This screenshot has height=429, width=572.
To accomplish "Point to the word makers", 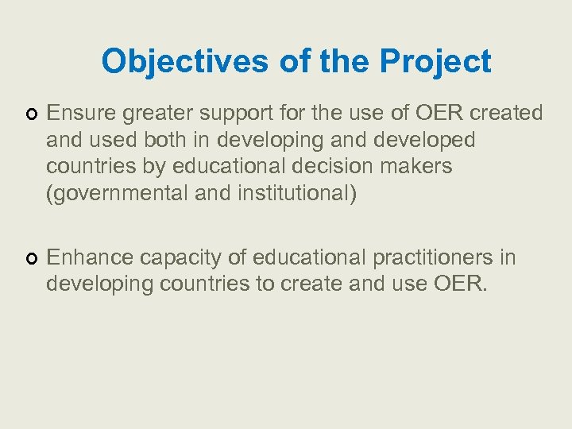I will pos(423,167).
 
